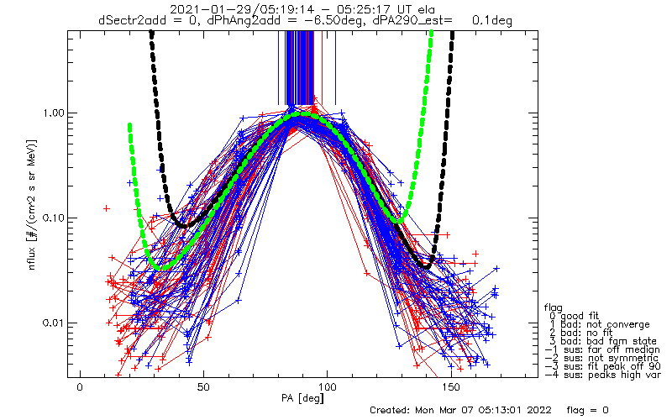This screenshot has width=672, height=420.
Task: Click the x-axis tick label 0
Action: click(80, 386)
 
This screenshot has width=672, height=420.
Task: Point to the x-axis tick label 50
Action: click(203, 386)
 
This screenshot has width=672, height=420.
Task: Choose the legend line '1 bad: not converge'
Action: click(597, 324)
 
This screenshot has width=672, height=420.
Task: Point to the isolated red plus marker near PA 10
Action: click(106, 207)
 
